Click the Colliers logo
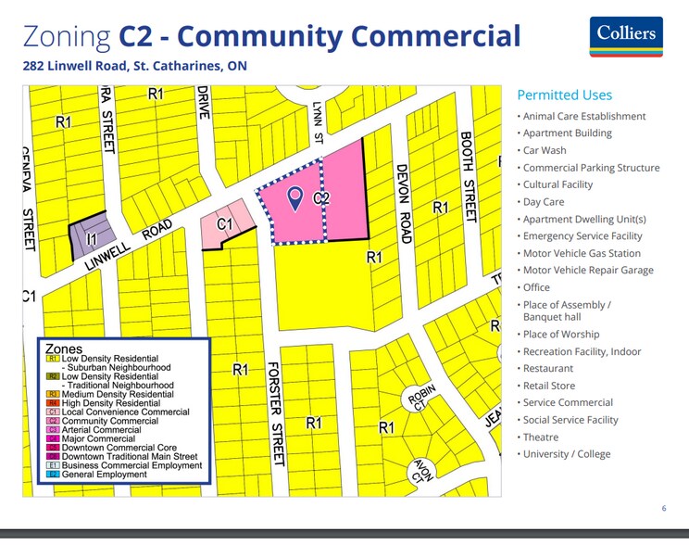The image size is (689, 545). click(625, 36)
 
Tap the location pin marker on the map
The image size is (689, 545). click(295, 197)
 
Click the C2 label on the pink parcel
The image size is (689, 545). click(321, 198)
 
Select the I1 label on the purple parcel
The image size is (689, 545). click(91, 239)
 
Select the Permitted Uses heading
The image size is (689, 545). click(564, 95)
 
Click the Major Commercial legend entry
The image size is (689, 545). click(99, 438)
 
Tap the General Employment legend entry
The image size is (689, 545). click(104, 475)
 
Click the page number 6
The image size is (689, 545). click(663, 508)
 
